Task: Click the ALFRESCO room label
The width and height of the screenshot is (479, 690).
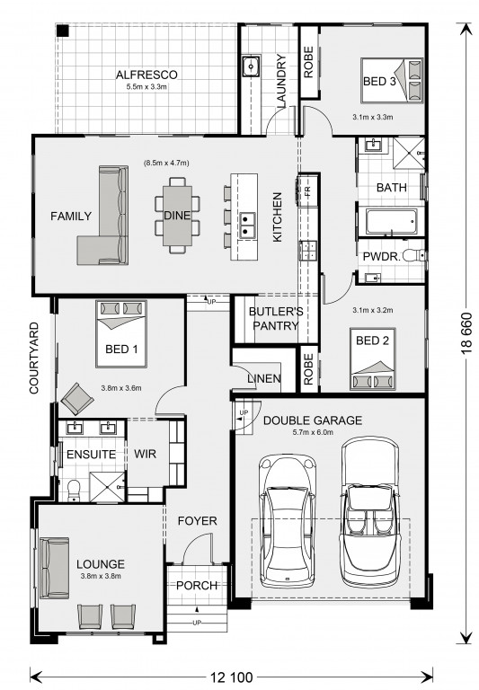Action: point(146,75)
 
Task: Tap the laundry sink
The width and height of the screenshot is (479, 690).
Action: point(251,66)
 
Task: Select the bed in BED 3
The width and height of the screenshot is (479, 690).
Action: point(392,81)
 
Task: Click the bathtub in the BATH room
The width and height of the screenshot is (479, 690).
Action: point(391,221)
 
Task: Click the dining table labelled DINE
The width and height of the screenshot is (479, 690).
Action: point(177,216)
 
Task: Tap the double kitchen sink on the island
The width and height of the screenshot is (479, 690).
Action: point(247,225)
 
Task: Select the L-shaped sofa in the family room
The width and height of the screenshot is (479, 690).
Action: point(103,216)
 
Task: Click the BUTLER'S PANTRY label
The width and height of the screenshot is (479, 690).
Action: point(276,319)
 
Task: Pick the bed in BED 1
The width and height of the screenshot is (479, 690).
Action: point(121,333)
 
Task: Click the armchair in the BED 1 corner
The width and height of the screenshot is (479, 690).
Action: point(77,399)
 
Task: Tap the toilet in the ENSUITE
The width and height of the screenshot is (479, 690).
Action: point(74,491)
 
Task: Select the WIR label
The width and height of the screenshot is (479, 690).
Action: point(145,454)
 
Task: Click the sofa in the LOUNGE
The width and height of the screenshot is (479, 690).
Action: point(55,568)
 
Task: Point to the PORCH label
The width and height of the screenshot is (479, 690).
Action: point(197,586)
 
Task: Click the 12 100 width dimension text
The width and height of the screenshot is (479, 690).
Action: point(231,677)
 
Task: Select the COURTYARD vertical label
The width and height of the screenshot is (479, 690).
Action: point(34,358)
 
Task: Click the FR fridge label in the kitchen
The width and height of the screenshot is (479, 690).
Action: point(307,190)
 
